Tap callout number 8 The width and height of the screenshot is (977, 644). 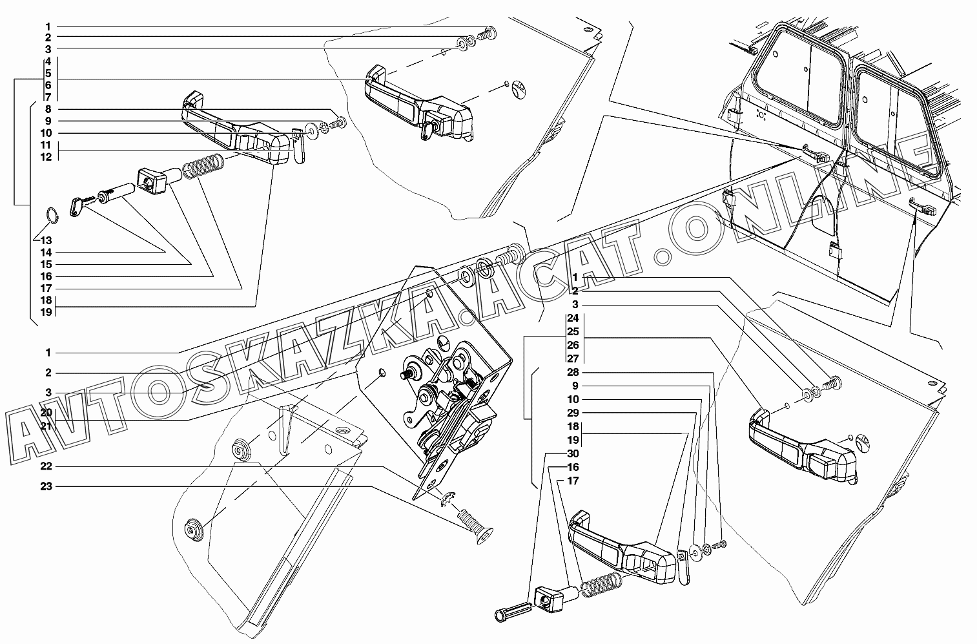(x=48, y=109)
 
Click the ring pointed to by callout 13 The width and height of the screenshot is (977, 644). (x=54, y=215)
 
